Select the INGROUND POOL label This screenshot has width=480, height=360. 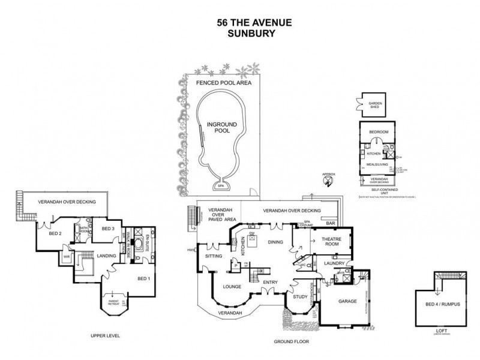click(x=222, y=127)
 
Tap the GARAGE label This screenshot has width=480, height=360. click(x=347, y=301)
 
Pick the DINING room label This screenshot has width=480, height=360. click(x=275, y=242)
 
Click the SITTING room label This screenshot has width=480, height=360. click(x=214, y=256)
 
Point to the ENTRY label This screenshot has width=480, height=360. click(x=270, y=283)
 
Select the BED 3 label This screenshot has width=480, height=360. click(x=108, y=229)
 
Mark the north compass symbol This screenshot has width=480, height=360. click(x=328, y=184)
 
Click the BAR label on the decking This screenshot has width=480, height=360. click(x=330, y=223)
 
